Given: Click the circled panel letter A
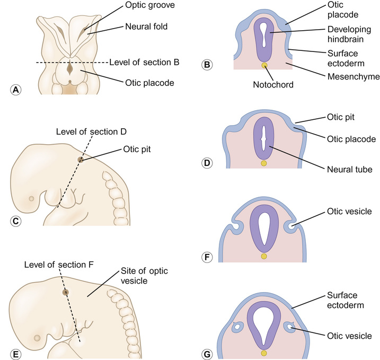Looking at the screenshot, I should (17, 90).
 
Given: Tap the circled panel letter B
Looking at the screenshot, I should (208, 65).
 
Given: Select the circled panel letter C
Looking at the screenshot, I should (16, 221).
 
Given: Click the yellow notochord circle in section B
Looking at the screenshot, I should (264, 66).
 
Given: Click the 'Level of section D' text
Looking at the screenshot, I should (91, 131).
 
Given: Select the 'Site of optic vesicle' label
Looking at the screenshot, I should (142, 276).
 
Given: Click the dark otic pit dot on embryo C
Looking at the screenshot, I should (80, 159).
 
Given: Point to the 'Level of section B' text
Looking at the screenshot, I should (144, 62).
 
